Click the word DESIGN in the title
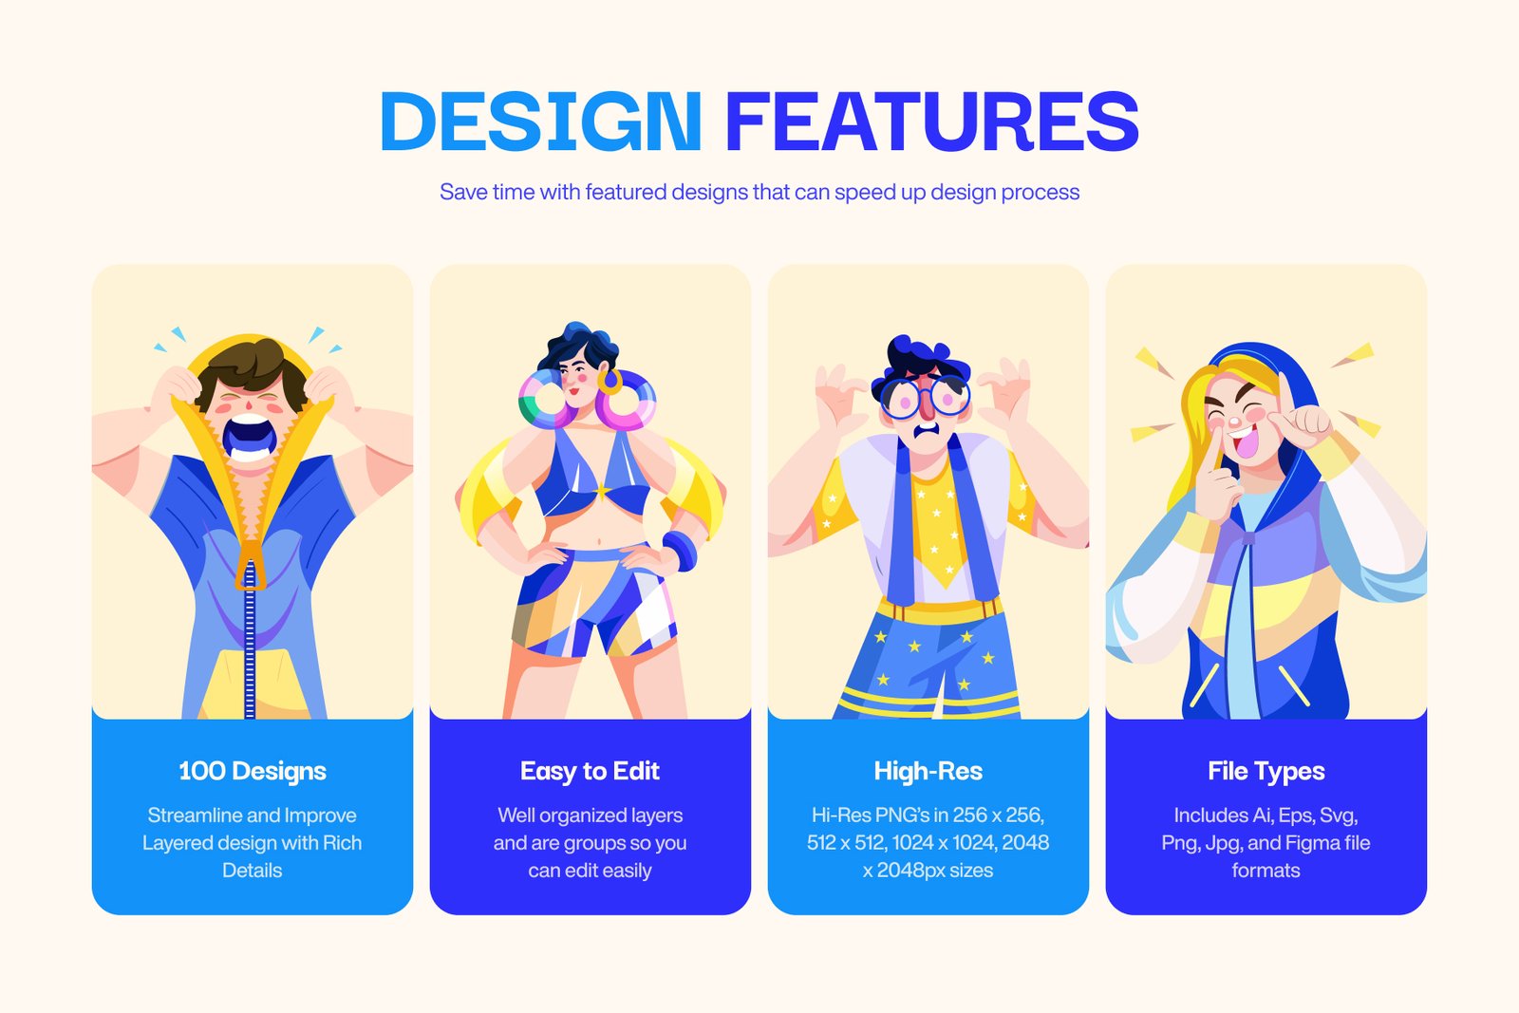click(x=540, y=122)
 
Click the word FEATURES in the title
click(x=931, y=122)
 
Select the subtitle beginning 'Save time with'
click(x=759, y=192)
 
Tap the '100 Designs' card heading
click(x=253, y=771)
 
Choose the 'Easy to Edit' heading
click(x=590, y=771)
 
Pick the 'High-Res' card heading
click(x=928, y=771)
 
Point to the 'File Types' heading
click(x=1266, y=771)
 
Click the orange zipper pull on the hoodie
click(x=251, y=564)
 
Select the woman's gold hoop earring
click(x=609, y=382)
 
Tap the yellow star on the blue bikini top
click(x=602, y=490)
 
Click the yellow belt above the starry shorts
click(x=939, y=610)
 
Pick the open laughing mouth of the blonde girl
click(x=1246, y=441)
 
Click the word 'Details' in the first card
click(x=253, y=871)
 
